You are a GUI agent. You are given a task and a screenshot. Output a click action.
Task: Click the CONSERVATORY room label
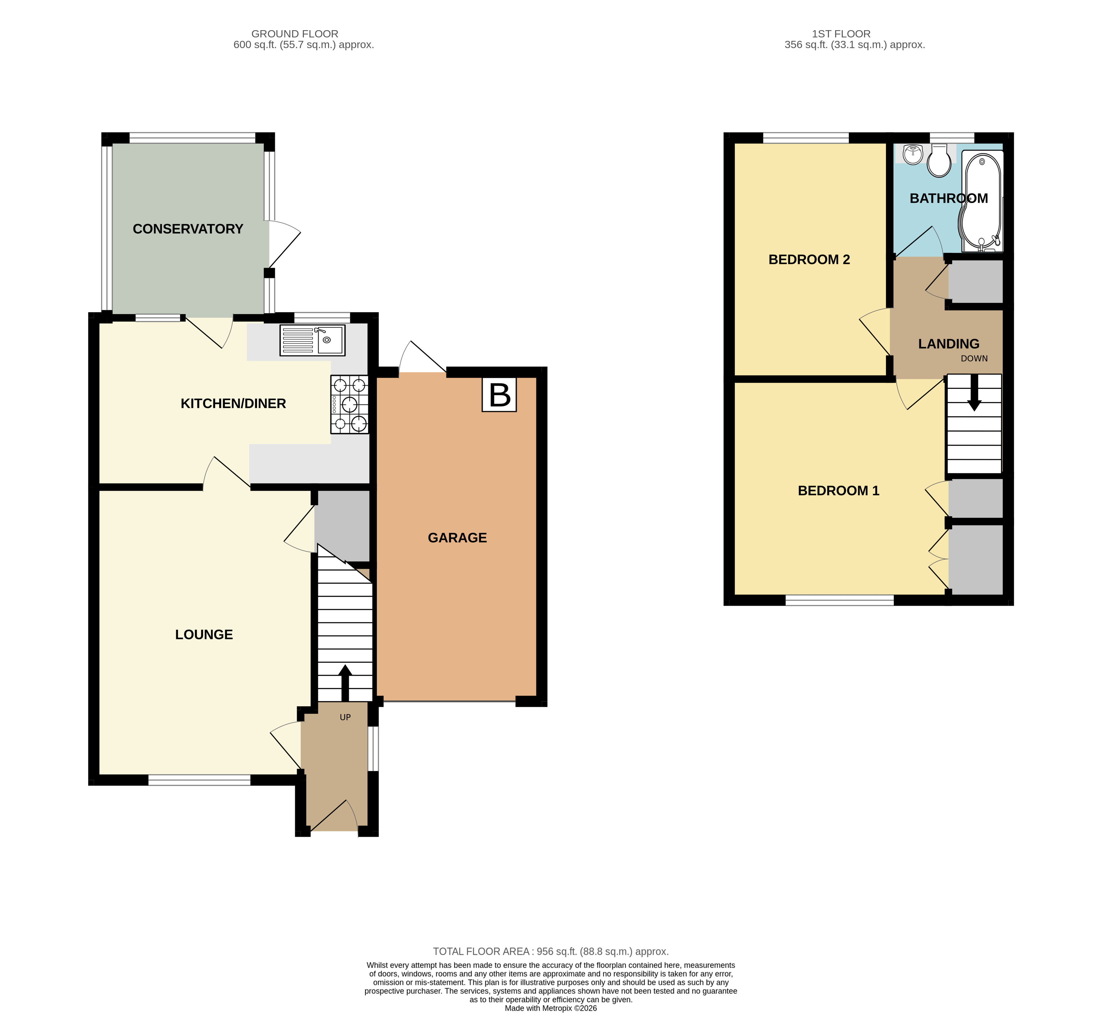188,229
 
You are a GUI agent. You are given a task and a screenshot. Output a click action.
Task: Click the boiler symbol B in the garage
499,395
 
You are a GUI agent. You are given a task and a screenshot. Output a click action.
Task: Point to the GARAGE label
457,538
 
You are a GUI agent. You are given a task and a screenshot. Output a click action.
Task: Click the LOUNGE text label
204,635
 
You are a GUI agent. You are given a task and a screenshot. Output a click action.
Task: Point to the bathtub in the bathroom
982,200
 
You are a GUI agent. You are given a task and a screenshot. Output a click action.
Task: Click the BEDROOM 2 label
809,260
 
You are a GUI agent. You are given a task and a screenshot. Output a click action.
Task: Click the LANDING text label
949,344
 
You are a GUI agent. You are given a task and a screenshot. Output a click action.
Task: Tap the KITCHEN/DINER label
233,404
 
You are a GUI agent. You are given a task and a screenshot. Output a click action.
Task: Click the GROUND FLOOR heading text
295,34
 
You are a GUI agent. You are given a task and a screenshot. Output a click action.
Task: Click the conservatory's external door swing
284,241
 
